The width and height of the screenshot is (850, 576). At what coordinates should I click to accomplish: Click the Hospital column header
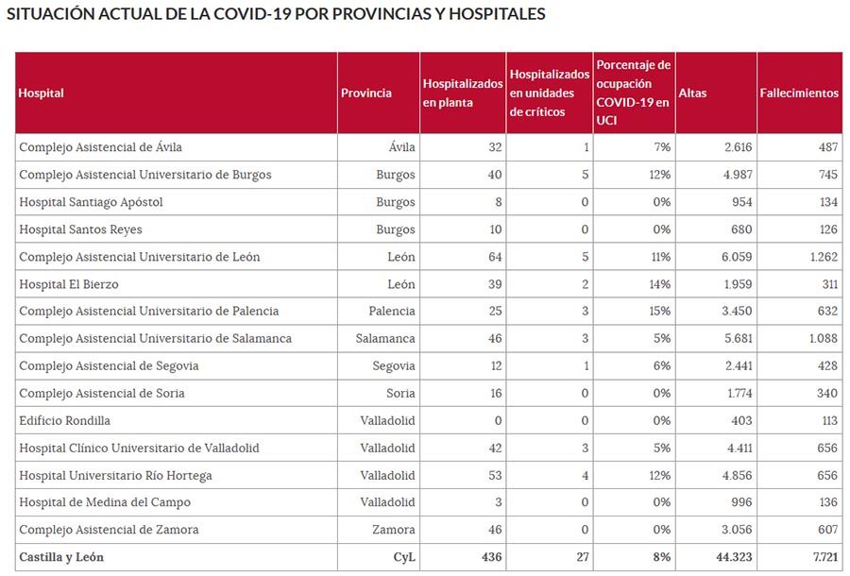click(x=42, y=93)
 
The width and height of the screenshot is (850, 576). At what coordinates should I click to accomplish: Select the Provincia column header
click(x=366, y=93)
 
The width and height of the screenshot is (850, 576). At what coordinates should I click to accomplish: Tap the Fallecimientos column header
click(x=799, y=93)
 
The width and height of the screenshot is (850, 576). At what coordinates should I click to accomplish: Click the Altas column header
click(x=692, y=93)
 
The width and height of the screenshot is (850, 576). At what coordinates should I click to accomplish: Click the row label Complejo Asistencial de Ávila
click(x=101, y=147)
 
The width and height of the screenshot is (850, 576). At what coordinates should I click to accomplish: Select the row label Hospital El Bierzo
click(x=69, y=284)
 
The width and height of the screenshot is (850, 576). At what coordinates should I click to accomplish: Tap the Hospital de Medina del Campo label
click(x=105, y=502)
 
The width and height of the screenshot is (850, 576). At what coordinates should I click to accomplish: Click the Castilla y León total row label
click(x=61, y=557)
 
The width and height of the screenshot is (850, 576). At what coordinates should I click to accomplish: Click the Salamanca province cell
click(x=385, y=339)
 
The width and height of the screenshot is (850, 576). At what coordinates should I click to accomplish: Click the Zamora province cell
click(x=395, y=530)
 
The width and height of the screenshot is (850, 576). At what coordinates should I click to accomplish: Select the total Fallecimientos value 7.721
click(x=821, y=557)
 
